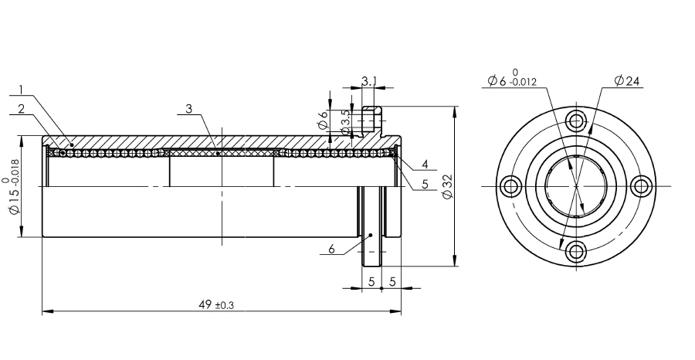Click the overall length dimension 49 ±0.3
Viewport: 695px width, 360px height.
click(216, 305)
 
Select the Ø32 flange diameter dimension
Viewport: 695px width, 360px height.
click(447, 185)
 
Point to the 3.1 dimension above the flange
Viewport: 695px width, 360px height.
click(369, 80)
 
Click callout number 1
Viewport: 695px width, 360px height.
click(21, 89)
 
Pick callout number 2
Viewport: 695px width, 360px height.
click(21, 109)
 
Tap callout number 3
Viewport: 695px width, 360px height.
click(188, 109)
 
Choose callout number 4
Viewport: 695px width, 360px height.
click(426, 165)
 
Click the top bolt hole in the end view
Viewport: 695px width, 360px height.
click(575, 121)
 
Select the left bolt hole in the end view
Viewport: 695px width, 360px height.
click(511, 185)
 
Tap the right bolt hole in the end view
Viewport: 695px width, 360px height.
click(640, 185)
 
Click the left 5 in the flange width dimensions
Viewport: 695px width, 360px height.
click(371, 282)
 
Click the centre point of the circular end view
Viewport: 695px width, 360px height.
click(575, 185)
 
